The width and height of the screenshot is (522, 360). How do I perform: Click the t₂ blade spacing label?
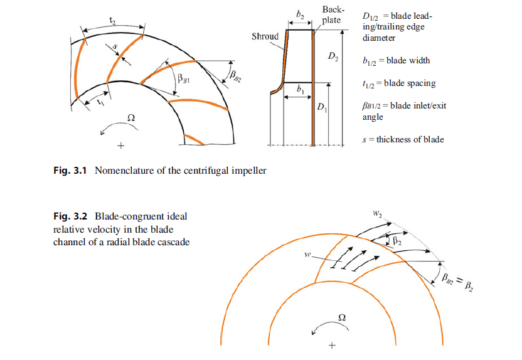point(112,21)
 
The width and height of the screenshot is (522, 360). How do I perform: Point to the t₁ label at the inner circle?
point(100,102)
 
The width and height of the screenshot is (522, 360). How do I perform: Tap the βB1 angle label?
point(183,78)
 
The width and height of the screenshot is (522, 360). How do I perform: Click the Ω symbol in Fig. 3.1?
point(131,118)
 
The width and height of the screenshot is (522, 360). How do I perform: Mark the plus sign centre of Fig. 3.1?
point(121,146)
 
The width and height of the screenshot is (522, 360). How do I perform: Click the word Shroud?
point(265,36)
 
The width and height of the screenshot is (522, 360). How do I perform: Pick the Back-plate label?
point(331,15)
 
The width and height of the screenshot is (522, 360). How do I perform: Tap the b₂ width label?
point(300,14)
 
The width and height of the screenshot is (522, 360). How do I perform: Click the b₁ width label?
point(300,89)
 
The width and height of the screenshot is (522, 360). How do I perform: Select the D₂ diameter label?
point(333,56)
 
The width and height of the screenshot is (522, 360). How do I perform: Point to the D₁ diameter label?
point(322,107)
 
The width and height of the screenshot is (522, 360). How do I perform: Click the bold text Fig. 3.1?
point(70,171)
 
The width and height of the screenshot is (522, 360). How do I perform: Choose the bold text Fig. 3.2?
point(70,216)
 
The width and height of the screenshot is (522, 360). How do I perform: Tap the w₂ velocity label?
point(377,213)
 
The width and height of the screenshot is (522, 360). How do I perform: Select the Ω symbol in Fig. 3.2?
point(342,317)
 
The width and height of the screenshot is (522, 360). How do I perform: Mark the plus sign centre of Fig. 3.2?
point(332,346)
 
